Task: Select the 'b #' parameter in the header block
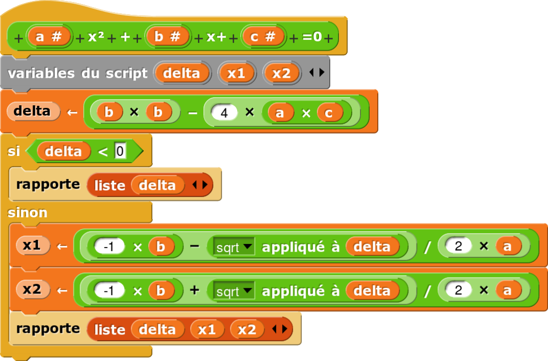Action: (167, 37)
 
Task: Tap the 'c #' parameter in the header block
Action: (263, 37)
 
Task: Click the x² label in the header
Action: (96, 37)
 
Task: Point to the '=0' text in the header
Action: (312, 37)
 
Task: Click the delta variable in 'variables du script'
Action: (181, 73)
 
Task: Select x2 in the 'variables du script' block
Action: (281, 73)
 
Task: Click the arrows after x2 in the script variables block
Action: (316, 73)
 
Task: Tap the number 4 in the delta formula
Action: (224, 113)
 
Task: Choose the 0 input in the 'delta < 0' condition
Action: (120, 151)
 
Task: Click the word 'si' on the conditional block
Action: (14, 151)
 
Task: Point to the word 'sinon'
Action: (28, 212)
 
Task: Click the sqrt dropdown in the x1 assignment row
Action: (234, 247)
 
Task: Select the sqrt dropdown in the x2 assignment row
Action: (234, 291)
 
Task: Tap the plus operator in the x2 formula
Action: (194, 290)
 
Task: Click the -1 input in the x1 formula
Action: (109, 247)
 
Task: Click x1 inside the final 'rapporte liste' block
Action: (207, 329)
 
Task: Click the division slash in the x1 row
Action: (427, 247)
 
